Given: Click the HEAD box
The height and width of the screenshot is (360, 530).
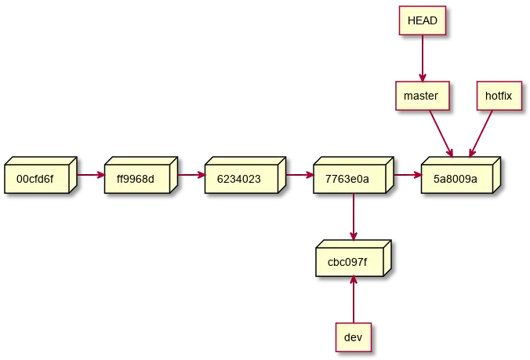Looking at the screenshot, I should (x=422, y=20).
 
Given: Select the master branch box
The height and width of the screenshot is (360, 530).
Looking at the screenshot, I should (x=421, y=96).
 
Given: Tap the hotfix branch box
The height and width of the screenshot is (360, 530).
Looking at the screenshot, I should (x=498, y=96).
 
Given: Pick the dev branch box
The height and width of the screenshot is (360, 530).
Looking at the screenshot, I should (x=353, y=337).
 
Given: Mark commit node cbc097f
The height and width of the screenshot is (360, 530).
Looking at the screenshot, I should (x=350, y=260).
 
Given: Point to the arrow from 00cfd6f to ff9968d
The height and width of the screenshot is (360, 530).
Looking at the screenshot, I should (x=89, y=175).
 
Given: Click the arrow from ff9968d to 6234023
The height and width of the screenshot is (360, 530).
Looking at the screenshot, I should (x=191, y=175).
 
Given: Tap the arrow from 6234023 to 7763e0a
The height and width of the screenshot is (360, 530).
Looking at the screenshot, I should (x=299, y=175).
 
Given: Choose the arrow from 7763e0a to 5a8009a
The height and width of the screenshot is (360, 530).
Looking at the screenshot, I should (x=407, y=175).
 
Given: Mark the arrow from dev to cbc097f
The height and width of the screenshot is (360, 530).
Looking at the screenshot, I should (x=354, y=299).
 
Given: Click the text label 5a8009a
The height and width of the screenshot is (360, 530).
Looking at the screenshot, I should (x=455, y=179).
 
